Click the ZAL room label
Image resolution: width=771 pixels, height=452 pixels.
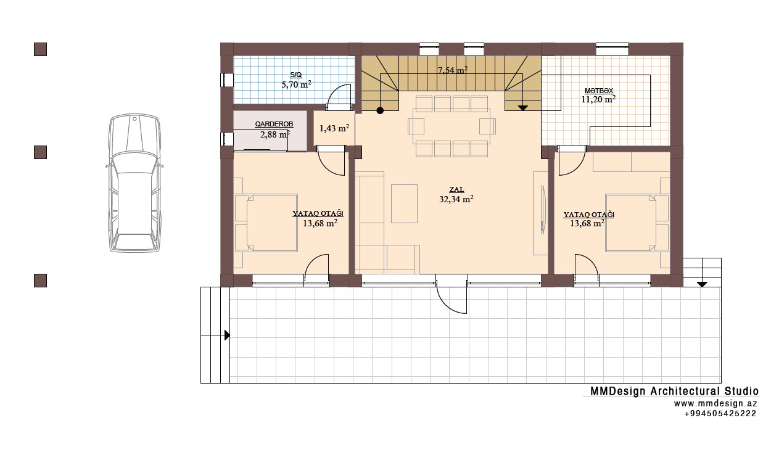pyautogui.click(x=456, y=189)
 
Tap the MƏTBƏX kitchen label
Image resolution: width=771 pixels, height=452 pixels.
pyautogui.click(x=599, y=91)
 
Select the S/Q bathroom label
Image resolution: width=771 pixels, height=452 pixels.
pyautogui.click(x=296, y=75)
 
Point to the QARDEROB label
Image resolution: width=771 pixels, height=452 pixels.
pyautogui.click(x=274, y=124)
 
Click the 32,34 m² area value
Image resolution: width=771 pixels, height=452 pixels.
pyautogui.click(x=456, y=199)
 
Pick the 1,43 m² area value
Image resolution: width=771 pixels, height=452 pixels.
pyautogui.click(x=334, y=128)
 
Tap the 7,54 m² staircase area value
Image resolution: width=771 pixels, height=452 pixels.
pyautogui.click(x=452, y=70)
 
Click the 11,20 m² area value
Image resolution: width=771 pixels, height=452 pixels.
pyautogui.click(x=598, y=99)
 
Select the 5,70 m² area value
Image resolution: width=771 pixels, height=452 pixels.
pyautogui.click(x=296, y=84)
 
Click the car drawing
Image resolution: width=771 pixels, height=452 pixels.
pyautogui.click(x=134, y=183)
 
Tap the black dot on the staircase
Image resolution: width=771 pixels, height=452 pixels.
pyautogui.click(x=380, y=110)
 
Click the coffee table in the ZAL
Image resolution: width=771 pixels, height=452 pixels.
pyautogui.click(x=404, y=203)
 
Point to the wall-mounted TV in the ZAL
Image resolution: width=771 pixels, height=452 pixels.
pyautogui.click(x=543, y=210)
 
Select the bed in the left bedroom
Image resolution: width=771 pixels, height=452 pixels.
pyautogui.click(x=266, y=223)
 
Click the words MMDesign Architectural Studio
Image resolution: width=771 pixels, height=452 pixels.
pyautogui.click(x=674, y=391)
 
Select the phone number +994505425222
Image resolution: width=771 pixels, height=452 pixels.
pyautogui.click(x=720, y=414)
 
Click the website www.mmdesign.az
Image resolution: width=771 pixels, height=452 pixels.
pyautogui.click(x=715, y=403)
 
